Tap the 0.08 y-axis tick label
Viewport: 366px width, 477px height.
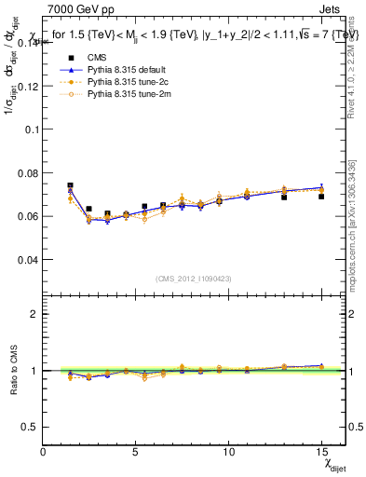coord(25,172)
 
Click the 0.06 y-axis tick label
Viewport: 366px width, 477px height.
coord(25,216)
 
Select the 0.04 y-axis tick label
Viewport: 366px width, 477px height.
coord(25,259)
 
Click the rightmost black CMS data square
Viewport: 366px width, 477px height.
coord(321,197)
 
